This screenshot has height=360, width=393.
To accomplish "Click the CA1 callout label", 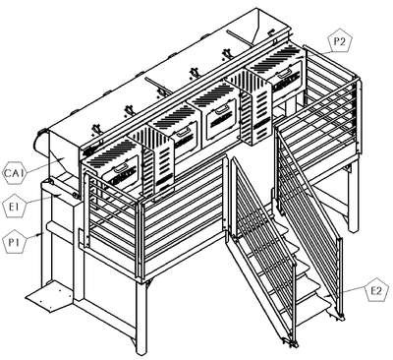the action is click(14, 172).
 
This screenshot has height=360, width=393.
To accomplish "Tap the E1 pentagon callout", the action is click(14, 207).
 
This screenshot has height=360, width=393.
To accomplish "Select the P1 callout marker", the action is click(14, 243).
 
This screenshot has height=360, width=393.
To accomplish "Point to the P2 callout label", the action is click(341, 42).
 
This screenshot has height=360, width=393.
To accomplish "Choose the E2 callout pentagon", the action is click(377, 290).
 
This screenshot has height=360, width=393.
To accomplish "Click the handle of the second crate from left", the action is click(183, 131).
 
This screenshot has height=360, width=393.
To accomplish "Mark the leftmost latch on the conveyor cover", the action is click(95, 129).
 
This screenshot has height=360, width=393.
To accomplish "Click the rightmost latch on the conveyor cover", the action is click(227, 53).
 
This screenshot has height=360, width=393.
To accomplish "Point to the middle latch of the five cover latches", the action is click(161, 91).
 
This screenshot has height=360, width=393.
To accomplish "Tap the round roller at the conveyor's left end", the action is click(41, 145).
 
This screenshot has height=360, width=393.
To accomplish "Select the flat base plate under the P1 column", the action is click(49, 298).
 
